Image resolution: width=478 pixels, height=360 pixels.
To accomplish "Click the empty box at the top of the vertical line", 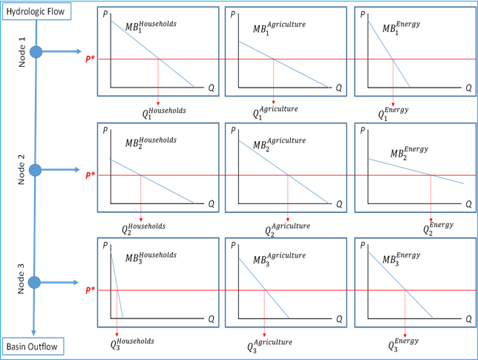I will (36, 11).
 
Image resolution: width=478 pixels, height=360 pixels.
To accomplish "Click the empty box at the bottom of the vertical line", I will (33, 346).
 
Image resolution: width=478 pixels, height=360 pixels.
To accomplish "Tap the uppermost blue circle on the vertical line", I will (36, 52).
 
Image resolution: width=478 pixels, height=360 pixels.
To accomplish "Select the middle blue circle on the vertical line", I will (35, 170).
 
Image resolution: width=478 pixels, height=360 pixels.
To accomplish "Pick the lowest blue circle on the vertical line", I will (34, 282).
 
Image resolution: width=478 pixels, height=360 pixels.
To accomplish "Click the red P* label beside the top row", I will (89, 59).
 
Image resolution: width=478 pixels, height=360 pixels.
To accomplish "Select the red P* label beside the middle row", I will (89, 175).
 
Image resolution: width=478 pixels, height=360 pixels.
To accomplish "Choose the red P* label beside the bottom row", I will (89, 289).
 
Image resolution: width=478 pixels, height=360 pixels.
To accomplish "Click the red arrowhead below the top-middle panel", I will (273, 102).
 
